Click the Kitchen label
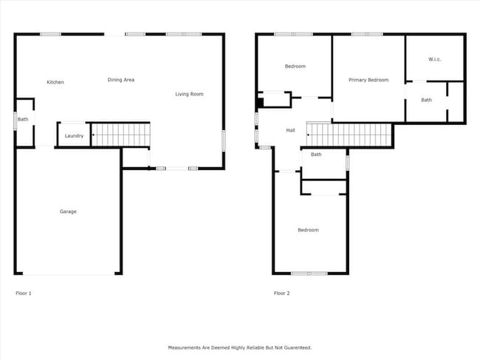click(55, 82)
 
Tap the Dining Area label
click(120, 80)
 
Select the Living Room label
click(189, 94)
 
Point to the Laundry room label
click(74, 136)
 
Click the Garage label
click(68, 212)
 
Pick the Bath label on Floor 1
click(23, 120)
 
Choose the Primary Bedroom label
click(368, 80)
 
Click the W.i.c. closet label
click(434, 59)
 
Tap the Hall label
click(291, 131)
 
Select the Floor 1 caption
click(24, 293)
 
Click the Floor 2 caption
click(282, 293)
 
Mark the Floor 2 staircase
click(349, 135)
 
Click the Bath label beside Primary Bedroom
click(427, 100)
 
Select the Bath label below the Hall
click(316, 154)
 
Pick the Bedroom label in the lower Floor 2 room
click(308, 231)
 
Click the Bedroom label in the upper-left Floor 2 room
click(295, 67)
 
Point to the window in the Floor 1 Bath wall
click(16, 120)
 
